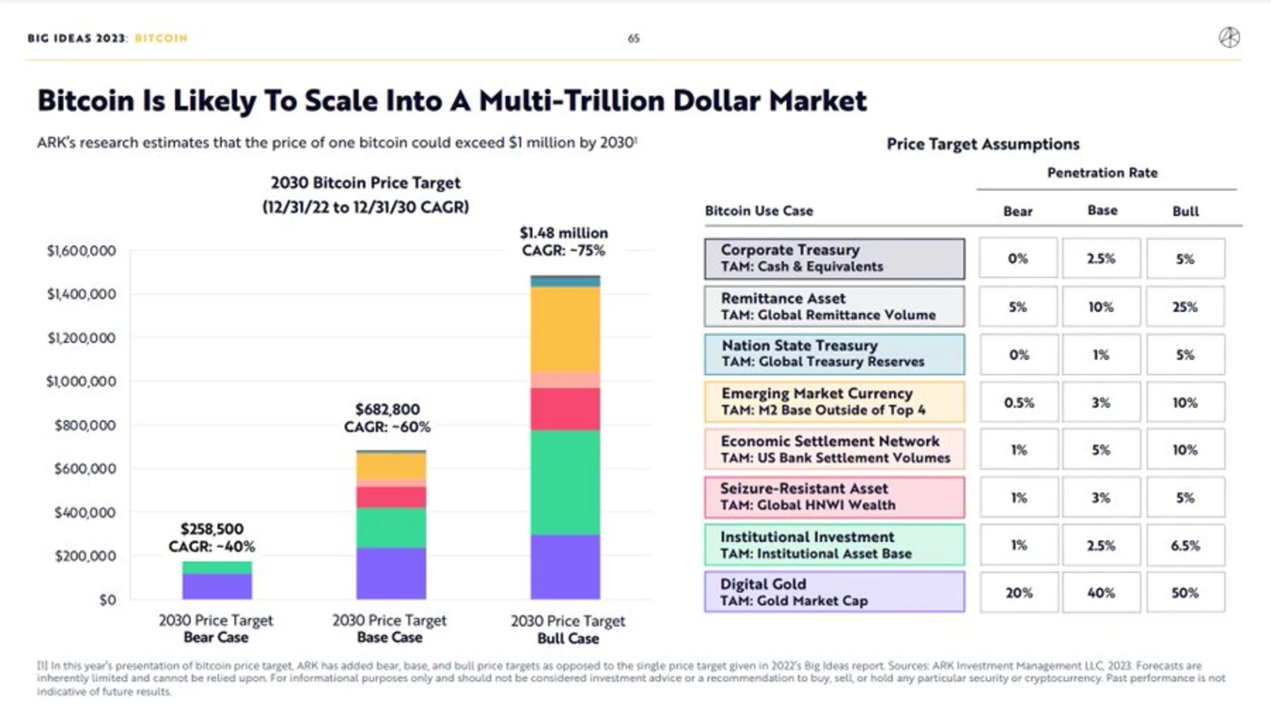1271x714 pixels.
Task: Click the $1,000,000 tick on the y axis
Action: (81, 381)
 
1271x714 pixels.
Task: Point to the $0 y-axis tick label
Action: (107, 600)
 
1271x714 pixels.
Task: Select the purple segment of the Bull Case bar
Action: (565, 566)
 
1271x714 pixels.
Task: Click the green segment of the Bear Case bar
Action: (217, 568)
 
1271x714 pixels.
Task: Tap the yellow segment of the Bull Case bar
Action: (565, 330)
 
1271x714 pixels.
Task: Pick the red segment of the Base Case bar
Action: (391, 497)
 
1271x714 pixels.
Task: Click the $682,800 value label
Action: (387, 409)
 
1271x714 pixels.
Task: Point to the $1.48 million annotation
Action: (563, 233)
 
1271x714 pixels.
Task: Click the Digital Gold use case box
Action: (834, 592)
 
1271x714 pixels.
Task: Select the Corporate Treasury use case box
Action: (834, 259)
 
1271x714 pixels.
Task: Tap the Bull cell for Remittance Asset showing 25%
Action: (1185, 306)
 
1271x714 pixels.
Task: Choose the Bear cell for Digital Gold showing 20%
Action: (1018, 592)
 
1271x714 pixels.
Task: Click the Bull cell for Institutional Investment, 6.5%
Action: (1185, 545)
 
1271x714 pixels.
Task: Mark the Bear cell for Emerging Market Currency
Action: (1018, 402)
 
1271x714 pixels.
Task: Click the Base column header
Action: (1102, 210)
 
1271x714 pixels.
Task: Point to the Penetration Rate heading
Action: (1102, 173)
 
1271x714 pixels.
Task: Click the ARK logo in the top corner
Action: (1229, 38)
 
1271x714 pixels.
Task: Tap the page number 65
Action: (634, 38)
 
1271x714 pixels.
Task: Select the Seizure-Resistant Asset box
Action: (834, 497)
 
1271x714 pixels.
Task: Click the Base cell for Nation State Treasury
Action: (1101, 354)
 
